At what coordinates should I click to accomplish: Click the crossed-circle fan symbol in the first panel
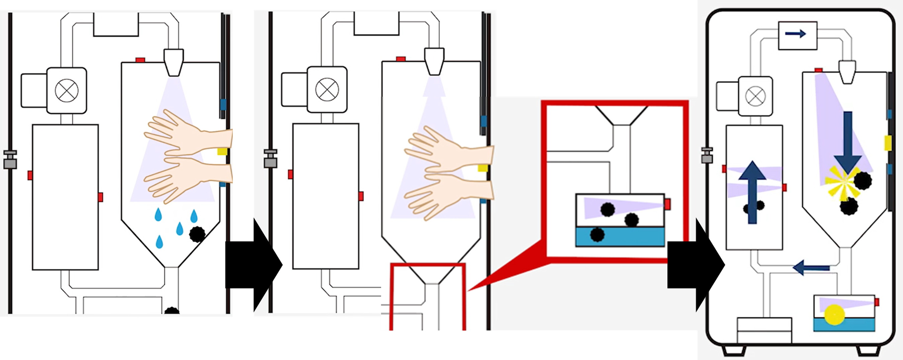click(67, 90)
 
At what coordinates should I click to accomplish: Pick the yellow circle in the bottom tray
click(834, 314)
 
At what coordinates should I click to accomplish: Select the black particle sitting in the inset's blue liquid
click(597, 235)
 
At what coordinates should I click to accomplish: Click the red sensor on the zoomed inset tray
click(667, 204)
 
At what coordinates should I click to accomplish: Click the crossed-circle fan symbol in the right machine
click(755, 96)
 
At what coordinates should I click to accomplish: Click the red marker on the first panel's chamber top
click(140, 60)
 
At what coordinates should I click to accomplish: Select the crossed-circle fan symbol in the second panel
click(327, 90)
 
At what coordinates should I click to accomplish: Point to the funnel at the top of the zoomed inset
click(621, 115)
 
